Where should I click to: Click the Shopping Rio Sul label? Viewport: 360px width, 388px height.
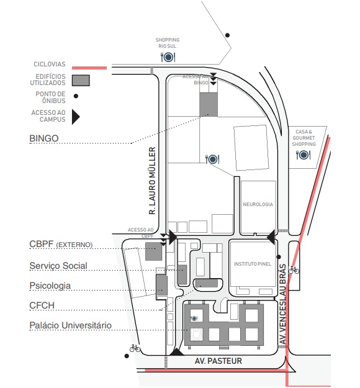coord(168,43)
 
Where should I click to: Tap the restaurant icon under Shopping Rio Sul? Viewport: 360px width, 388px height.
coord(168,57)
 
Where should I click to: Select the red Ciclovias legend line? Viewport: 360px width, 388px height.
coord(89,68)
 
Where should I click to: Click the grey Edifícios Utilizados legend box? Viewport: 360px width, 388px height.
coord(81,81)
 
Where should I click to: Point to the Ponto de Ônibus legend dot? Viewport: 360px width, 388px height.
coord(76,96)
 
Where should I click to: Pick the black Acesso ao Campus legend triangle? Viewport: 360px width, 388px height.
coord(76,117)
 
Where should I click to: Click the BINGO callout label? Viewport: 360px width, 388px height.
coord(44,138)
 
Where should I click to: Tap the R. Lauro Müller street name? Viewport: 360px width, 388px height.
coord(153,181)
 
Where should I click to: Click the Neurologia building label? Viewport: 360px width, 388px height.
coord(258,204)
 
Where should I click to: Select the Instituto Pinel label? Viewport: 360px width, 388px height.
coord(253,264)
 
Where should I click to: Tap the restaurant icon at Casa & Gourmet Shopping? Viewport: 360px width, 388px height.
coord(303,155)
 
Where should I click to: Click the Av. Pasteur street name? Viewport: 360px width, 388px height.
coord(218,361)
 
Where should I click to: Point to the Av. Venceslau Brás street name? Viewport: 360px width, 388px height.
coord(282,304)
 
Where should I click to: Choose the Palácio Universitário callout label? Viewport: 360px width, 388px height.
coord(71,325)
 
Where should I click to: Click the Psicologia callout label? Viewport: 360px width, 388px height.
coord(50,286)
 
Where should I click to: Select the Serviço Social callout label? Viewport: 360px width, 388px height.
coord(58,266)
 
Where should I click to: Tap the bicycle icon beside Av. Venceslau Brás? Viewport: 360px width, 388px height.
coord(294,269)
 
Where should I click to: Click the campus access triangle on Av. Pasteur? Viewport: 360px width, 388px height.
coord(177,352)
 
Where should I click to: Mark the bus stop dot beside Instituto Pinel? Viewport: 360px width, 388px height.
coord(279,257)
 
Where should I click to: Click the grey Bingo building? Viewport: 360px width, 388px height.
coord(209,104)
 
